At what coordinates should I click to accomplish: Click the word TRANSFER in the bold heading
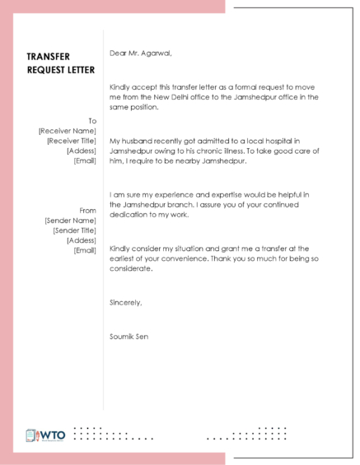[48, 56]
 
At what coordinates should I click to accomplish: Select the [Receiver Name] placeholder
[68, 131]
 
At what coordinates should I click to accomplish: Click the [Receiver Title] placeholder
[71, 141]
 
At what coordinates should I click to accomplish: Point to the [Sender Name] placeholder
[70, 221]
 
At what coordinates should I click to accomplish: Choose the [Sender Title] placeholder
[74, 230]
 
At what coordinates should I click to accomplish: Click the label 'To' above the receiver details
[92, 121]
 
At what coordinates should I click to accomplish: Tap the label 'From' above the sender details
[88, 211]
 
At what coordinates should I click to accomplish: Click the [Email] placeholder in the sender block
[85, 250]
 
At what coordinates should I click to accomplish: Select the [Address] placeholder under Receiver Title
[81, 151]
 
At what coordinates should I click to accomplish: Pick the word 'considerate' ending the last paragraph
[131, 269]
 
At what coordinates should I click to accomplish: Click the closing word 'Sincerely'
[125, 302]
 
